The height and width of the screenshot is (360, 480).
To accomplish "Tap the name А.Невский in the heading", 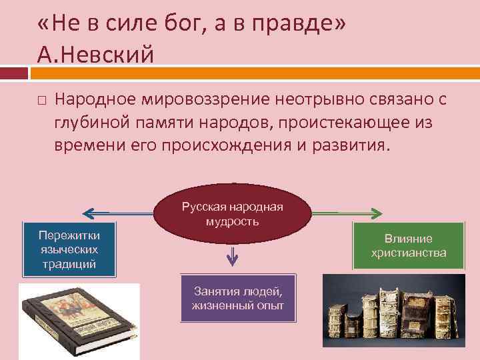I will [96, 53].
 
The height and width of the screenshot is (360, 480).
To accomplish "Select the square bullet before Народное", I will [41, 100].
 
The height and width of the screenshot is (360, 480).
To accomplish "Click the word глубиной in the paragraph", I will [90, 122].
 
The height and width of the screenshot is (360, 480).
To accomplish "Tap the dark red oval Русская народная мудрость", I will [233, 213].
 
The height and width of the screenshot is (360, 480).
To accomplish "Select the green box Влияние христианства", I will [408, 246].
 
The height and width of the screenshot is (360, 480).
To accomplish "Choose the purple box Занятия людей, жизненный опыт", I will [237, 298].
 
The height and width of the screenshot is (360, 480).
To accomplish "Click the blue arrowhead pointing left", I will [87, 213].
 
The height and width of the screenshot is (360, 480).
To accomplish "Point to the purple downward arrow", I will [233, 255].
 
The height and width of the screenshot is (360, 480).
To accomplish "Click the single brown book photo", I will [78, 321].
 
